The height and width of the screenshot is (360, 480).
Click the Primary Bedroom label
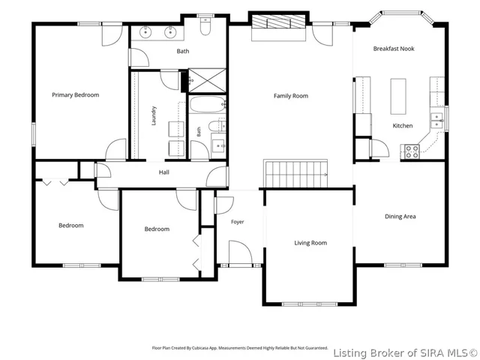pyautogui.click(x=75, y=95)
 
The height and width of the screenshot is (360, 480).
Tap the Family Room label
pyautogui.click(x=291, y=96)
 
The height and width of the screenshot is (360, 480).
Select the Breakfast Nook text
pyautogui.click(x=394, y=49)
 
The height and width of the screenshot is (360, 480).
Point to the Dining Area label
pyautogui.click(x=400, y=217)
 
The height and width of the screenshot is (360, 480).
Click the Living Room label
pyautogui.click(x=310, y=243)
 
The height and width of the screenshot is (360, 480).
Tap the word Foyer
pyautogui.click(x=238, y=222)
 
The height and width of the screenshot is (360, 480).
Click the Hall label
pyautogui.click(x=164, y=172)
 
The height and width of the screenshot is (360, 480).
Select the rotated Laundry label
pyautogui.click(x=154, y=115)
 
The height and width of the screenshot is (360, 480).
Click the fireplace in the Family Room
pyautogui.click(x=278, y=26)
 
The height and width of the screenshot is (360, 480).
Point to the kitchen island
pyautogui.click(x=398, y=97)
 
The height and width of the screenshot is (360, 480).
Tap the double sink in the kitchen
pyautogui.click(x=436, y=120)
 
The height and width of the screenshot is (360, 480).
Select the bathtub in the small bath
pyautogui.click(x=208, y=105)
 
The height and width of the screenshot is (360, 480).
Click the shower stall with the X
pyautogui.click(x=207, y=80)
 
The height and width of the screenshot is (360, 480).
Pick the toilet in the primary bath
pyautogui.click(x=205, y=25)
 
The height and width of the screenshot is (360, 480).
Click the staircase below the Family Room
pyautogui.click(x=295, y=173)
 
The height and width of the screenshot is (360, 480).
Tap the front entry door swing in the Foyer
pyautogui.click(x=241, y=253)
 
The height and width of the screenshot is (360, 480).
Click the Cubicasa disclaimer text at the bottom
pyautogui.click(x=240, y=348)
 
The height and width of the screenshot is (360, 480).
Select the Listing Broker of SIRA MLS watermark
pyautogui.click(x=405, y=353)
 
